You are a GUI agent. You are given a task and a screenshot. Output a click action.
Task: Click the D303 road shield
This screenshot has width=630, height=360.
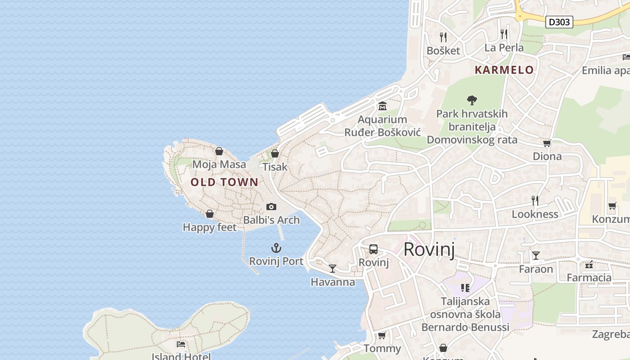pyautogui.click(x=559, y=22)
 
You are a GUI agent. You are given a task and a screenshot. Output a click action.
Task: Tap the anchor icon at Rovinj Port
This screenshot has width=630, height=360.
pyautogui.click(x=276, y=248)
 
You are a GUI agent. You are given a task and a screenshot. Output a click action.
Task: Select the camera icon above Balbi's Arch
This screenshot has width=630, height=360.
pyautogui.click(x=271, y=207)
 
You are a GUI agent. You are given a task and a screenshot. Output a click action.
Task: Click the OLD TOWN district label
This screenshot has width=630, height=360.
pyautogui.click(x=224, y=182)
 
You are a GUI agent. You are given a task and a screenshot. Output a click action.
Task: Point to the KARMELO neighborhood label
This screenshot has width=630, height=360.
pyautogui.click(x=504, y=70)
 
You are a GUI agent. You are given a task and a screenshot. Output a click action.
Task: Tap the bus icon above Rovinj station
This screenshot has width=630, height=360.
pyautogui.click(x=373, y=249)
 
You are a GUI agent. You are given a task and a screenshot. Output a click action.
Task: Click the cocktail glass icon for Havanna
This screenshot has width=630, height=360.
pyautogui.click(x=333, y=269)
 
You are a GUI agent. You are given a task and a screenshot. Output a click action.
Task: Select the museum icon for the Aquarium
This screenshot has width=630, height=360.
pyautogui.click(x=382, y=106)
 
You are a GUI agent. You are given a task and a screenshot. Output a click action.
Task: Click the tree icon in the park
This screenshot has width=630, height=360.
pyautogui.click(x=472, y=100)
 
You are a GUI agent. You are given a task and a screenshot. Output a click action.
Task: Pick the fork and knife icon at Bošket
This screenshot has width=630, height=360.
pyautogui.click(x=443, y=37)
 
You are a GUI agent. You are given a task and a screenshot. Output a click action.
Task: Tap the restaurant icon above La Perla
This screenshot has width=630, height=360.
pyautogui.click(x=504, y=34)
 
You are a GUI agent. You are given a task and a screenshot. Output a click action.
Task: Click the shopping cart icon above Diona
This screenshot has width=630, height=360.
pyautogui.click(x=547, y=143)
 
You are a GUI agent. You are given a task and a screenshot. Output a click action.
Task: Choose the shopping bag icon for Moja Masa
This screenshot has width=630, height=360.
pyautogui.click(x=219, y=151)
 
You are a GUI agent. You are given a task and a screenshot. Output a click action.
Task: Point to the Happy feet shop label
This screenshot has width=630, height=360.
pyautogui.click(x=209, y=227)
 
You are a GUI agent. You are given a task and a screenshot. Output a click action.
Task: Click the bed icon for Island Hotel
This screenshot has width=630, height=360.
pyautogui.click(x=181, y=344)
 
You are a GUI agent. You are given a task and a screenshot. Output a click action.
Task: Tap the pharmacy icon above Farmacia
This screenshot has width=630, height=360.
pyautogui.click(x=589, y=264)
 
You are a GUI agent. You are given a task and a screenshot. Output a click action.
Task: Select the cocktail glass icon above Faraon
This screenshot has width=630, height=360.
pyautogui.click(x=535, y=256)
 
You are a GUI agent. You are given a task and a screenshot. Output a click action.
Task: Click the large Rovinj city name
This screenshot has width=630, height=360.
pyautogui.click(x=429, y=249)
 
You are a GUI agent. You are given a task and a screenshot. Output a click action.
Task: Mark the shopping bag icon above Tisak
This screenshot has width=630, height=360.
pyautogui.click(x=275, y=153)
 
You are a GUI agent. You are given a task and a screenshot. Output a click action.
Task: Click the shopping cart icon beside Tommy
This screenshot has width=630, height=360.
pyautogui.click(x=382, y=335)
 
